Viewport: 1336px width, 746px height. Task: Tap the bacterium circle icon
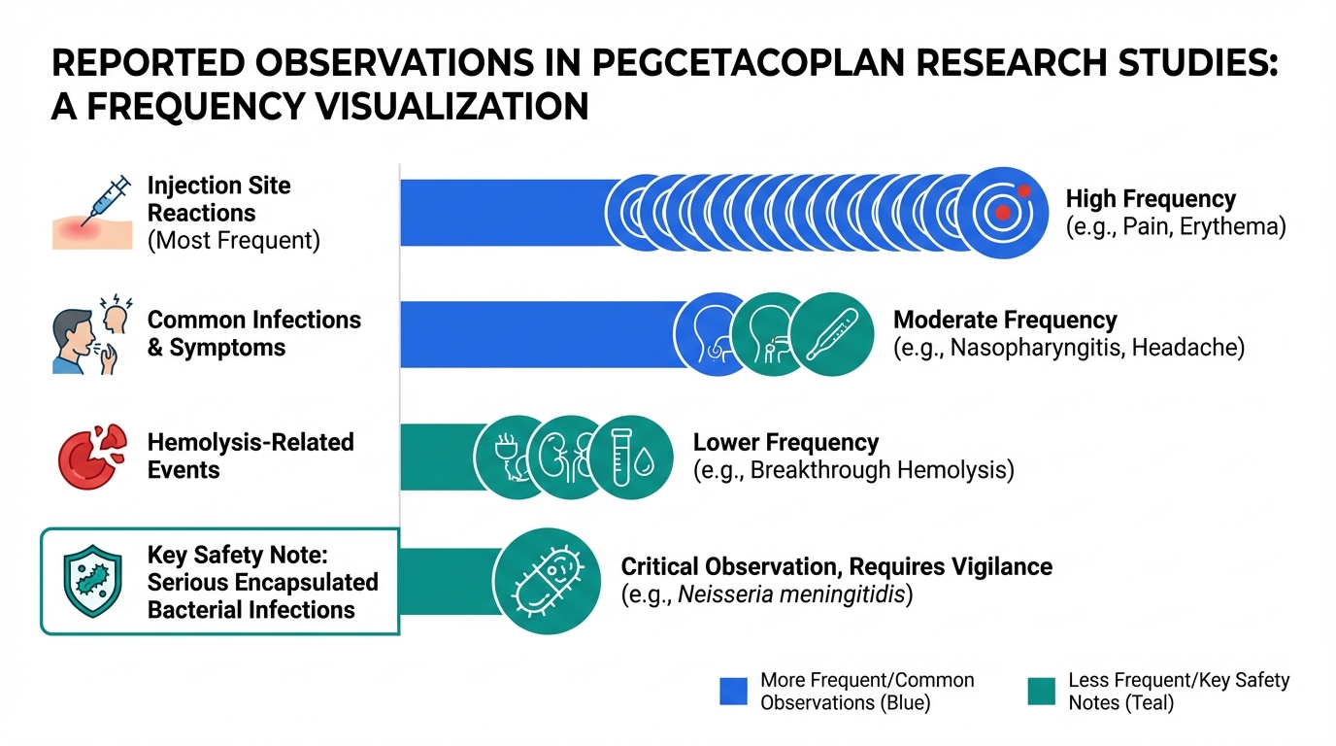pyautogui.click(x=548, y=581)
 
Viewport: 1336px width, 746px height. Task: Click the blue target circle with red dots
pyautogui.click(x=1007, y=211)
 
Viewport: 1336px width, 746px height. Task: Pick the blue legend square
pyautogui.click(x=733, y=691)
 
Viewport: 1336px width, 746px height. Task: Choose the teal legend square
pyautogui.click(x=1041, y=691)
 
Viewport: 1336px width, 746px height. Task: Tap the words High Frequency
pyautogui.click(x=1151, y=199)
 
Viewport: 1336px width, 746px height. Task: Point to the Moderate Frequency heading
pyautogui.click(x=1005, y=320)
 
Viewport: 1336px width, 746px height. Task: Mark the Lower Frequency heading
pyautogui.click(x=785, y=443)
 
